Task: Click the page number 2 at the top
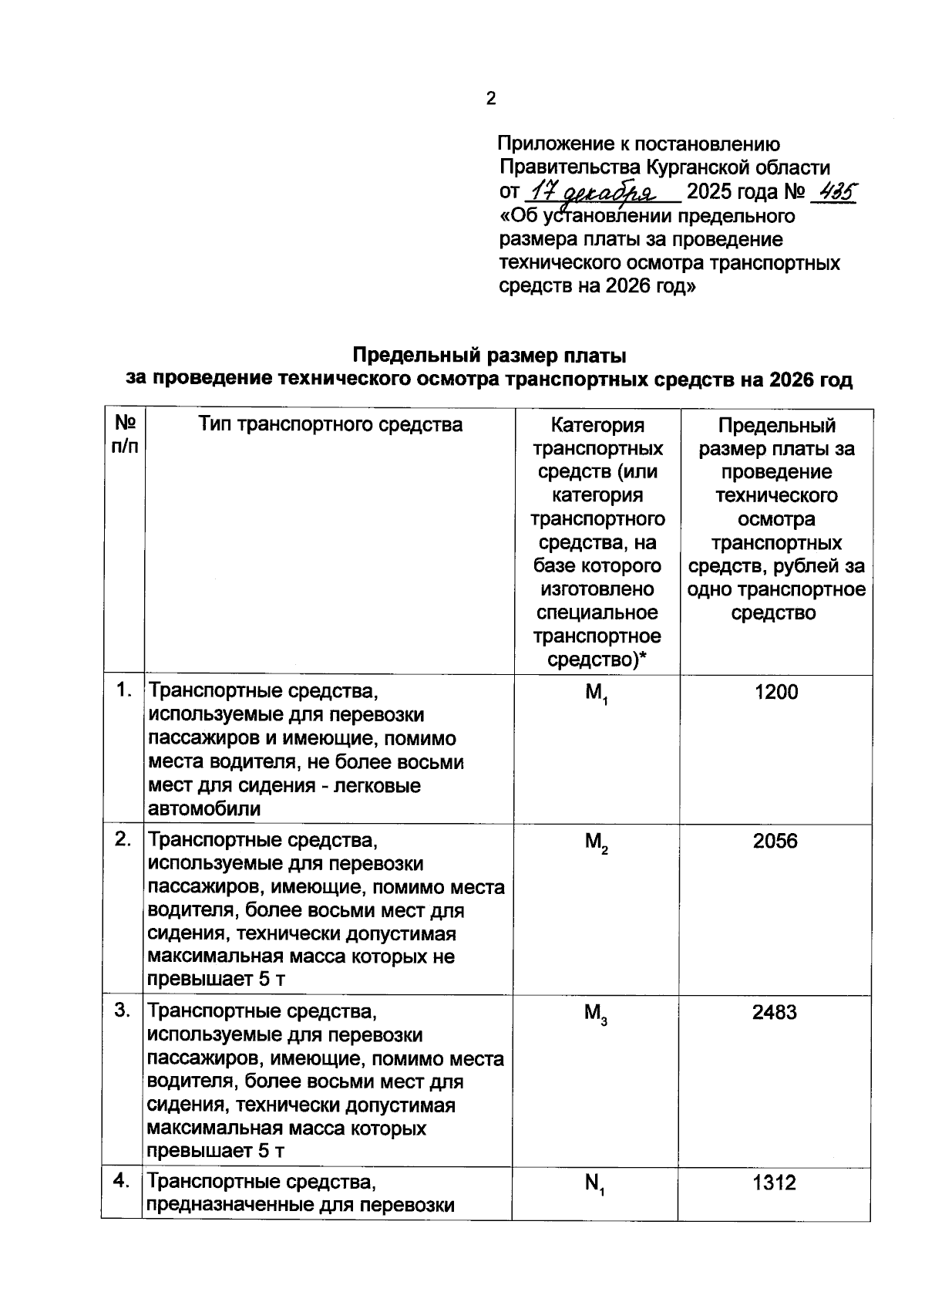491,99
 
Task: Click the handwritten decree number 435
837,191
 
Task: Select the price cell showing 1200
775,692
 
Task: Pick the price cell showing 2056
775,841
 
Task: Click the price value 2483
775,1012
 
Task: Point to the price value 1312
775,1182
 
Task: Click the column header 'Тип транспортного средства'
331,424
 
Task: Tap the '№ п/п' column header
125,435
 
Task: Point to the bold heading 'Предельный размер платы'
489,356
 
